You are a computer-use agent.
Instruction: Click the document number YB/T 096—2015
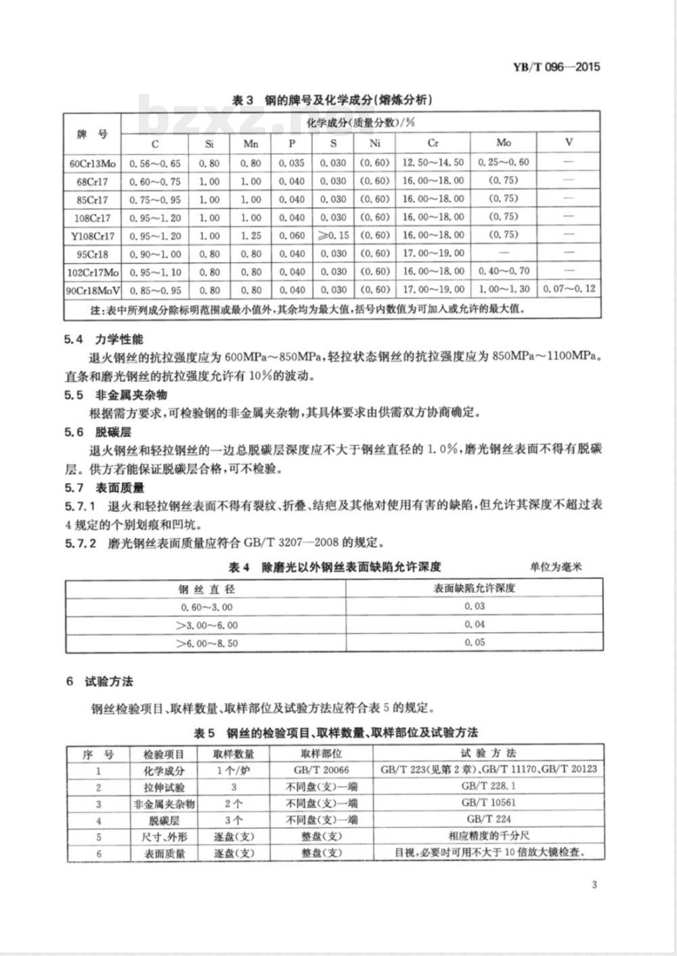[556, 66]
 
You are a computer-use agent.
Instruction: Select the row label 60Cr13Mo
[93, 163]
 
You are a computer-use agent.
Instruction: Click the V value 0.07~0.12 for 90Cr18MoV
[569, 289]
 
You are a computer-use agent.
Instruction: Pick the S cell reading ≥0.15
[333, 235]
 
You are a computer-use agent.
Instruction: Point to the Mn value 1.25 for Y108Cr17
[250, 235]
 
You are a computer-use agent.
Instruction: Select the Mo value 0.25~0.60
[503, 162]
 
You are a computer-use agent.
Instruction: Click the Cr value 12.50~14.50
[433, 162]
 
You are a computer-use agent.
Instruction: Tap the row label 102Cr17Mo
[93, 272]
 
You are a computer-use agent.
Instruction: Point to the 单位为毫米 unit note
[556, 567]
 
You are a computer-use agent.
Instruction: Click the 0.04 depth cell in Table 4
[475, 624]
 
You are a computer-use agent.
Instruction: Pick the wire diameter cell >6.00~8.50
[206, 643]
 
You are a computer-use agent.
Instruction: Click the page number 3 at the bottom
[594, 885]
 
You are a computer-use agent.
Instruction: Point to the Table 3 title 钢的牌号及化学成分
[332, 100]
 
